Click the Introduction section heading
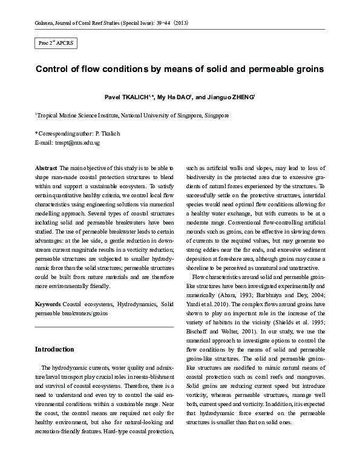point(54,349)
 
